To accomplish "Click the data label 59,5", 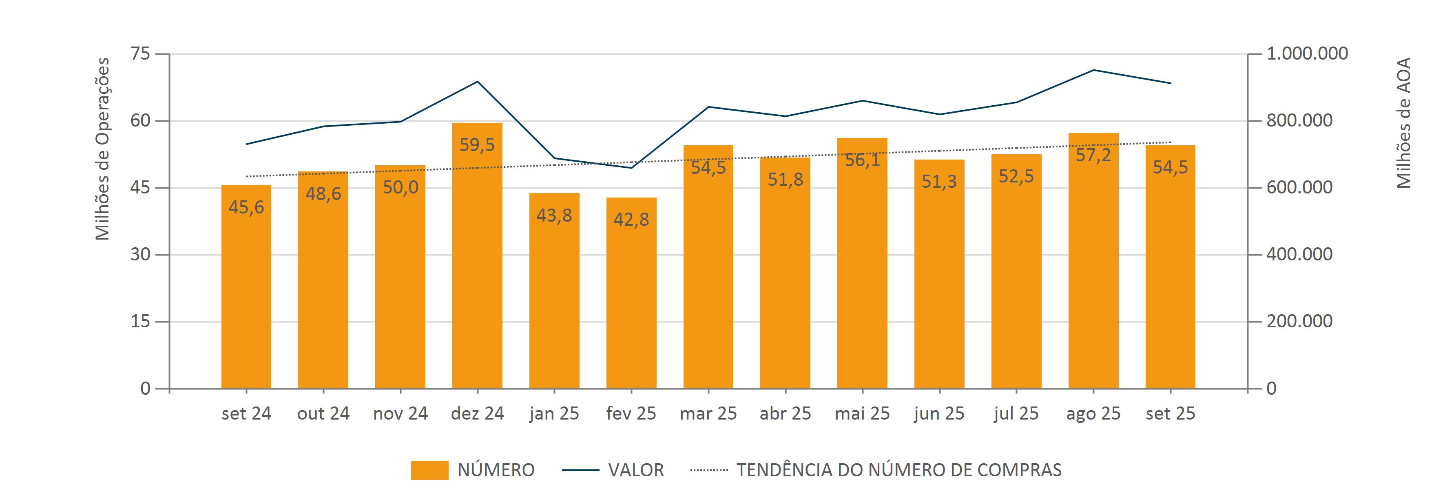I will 477,145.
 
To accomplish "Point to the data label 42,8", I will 631,220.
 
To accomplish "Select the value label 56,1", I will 862,160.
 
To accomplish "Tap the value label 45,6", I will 246,208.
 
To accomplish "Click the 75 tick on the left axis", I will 140,54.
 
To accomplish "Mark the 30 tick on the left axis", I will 140,254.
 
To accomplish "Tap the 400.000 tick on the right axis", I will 1299,254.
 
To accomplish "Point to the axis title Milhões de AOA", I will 1403,122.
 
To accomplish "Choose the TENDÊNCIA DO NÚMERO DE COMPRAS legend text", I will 898,470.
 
